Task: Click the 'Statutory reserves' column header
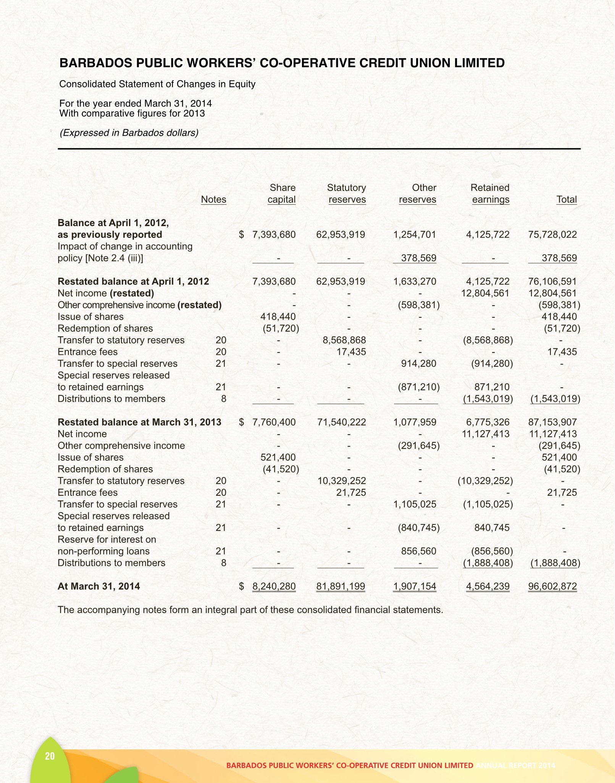[x=347, y=194]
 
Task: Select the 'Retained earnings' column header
[x=490, y=194]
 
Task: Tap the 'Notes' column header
[x=213, y=199]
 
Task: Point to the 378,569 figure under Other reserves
[x=418, y=258]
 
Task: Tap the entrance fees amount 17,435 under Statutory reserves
[x=351, y=352]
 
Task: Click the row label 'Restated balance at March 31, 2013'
[x=139, y=422]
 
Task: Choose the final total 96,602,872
[x=552, y=586]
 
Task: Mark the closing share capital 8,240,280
[x=274, y=586]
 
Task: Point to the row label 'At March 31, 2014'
[x=98, y=586]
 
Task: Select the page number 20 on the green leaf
[x=50, y=756]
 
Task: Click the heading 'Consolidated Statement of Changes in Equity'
[x=157, y=84]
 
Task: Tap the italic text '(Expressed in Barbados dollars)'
[x=129, y=133]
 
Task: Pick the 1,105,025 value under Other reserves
[x=415, y=504]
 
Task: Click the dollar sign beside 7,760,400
[x=241, y=422]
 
